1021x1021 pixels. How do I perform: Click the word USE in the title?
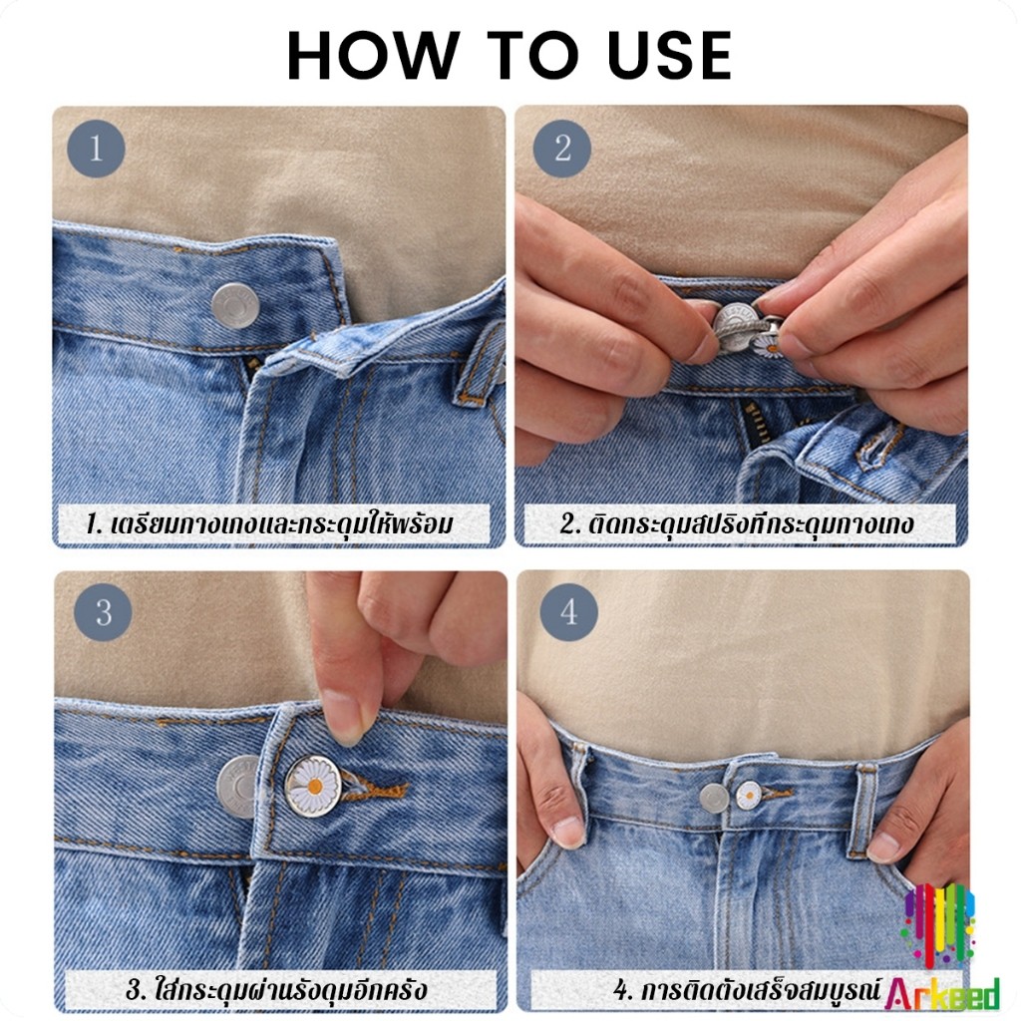click(x=670, y=56)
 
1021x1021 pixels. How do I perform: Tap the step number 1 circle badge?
click(x=96, y=149)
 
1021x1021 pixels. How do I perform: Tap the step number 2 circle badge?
click(x=562, y=149)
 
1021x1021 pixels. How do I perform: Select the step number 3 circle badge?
click(x=103, y=612)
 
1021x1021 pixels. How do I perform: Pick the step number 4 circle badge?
click(x=568, y=612)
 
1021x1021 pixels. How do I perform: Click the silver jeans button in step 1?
click(x=235, y=305)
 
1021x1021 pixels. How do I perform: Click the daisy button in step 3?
click(x=313, y=786)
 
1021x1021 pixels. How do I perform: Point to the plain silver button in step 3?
click(x=237, y=787)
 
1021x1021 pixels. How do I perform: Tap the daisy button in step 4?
click(x=749, y=795)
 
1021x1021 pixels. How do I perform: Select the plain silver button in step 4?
click(x=714, y=799)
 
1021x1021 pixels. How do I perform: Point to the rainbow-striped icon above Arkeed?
click(x=937, y=924)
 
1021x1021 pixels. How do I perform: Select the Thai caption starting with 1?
click(x=269, y=523)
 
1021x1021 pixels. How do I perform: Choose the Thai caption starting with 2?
click(x=737, y=523)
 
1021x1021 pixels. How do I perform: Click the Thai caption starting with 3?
click(x=276, y=990)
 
